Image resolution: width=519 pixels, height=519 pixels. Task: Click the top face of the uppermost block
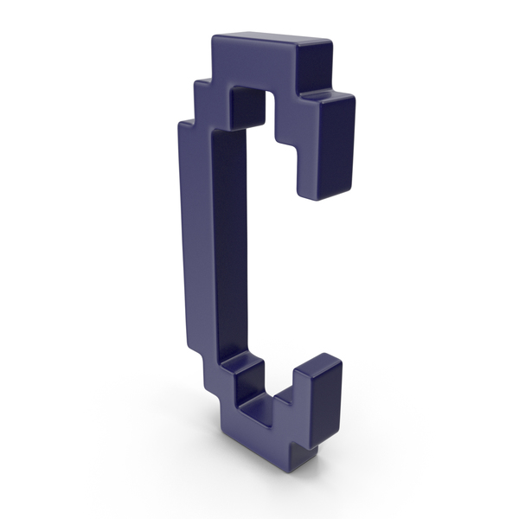click(x=272, y=41)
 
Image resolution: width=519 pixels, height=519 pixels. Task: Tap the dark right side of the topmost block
click(x=316, y=65)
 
